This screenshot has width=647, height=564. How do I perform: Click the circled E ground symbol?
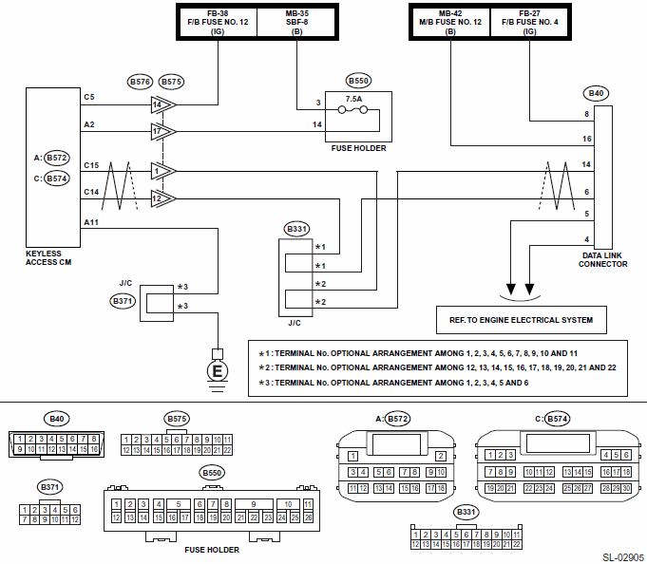tap(217, 370)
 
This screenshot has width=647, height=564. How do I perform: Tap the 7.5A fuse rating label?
tap(353, 99)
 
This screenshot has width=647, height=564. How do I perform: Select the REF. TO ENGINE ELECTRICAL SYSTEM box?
tap(522, 320)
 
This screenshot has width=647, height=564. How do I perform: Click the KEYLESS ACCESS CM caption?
tap(48, 257)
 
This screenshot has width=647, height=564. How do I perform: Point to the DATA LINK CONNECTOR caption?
tap(602, 260)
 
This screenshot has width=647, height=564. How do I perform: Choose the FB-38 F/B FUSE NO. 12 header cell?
tap(218, 22)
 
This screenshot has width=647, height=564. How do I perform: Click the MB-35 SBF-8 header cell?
tap(296, 22)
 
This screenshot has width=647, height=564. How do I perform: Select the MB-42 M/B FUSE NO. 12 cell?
tap(450, 22)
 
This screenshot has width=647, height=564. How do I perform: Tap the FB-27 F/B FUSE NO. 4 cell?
tap(530, 22)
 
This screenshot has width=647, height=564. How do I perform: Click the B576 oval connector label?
tap(140, 82)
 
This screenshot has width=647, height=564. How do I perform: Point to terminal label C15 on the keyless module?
tap(91, 165)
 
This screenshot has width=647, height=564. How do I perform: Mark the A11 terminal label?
tap(91, 222)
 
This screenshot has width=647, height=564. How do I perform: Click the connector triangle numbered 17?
tap(163, 132)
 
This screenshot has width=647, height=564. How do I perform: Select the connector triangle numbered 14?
tap(163, 104)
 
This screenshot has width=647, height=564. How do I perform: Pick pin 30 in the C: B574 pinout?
tap(626, 489)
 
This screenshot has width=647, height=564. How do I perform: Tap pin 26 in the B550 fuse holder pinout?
tap(308, 517)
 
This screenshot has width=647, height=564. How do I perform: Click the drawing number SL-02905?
tap(623, 557)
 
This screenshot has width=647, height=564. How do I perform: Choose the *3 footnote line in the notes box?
tap(393, 383)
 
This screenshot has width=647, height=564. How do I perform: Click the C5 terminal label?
tap(89, 97)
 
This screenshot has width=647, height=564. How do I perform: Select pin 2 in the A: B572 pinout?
tap(441, 456)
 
